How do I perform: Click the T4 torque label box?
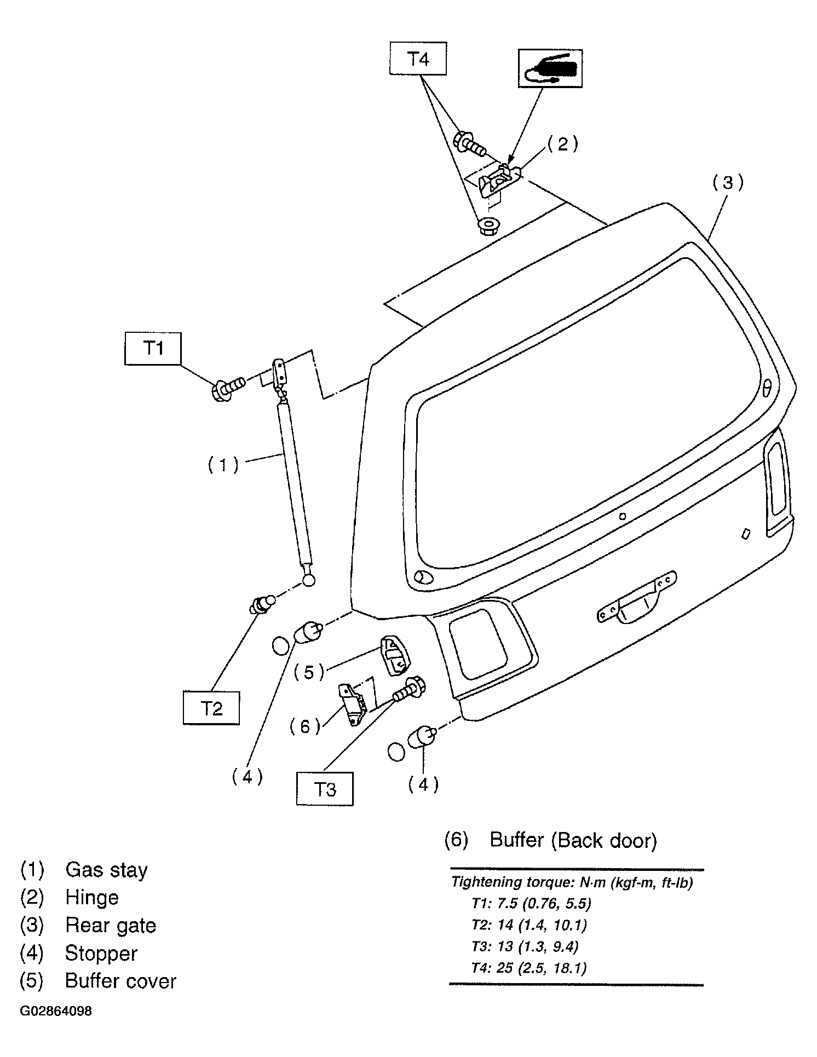point(418,59)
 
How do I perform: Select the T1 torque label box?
point(153,348)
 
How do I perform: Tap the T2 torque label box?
point(211,708)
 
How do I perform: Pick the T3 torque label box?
point(325,789)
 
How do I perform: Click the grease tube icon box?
point(550,68)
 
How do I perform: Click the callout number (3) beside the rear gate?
point(728,183)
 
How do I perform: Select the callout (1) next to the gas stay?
point(223,465)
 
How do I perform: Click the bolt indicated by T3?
point(409,689)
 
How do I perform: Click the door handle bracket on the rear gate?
point(636,596)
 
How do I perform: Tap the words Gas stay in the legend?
point(106,870)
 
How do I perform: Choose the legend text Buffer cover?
point(120,980)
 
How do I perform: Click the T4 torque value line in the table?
point(529,968)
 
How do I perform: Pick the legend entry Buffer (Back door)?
point(550,840)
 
